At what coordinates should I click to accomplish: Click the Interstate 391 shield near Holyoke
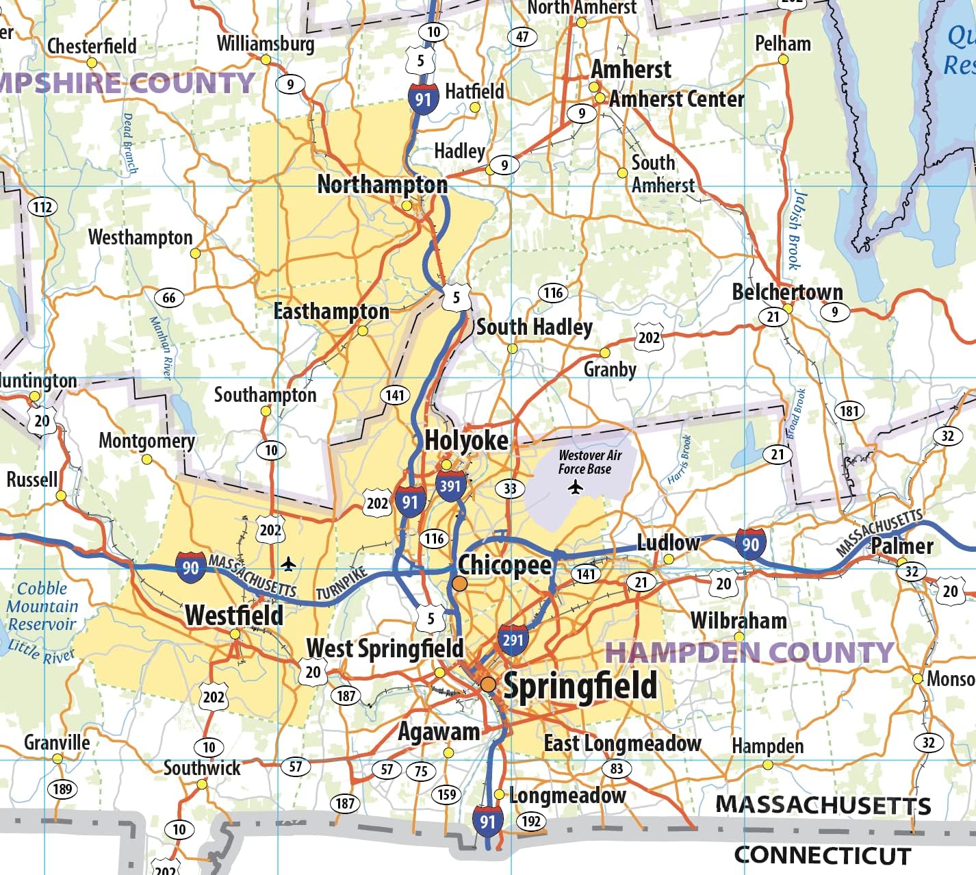(x=450, y=485)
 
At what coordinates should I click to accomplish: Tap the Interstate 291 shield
(x=513, y=640)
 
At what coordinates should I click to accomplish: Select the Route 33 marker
(x=510, y=488)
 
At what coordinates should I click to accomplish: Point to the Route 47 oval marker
(x=522, y=36)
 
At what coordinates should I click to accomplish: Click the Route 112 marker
(x=42, y=207)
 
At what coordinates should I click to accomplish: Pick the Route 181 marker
(x=849, y=411)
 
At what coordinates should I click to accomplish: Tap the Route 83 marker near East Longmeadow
(x=617, y=768)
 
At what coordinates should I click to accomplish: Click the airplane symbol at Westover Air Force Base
(x=576, y=487)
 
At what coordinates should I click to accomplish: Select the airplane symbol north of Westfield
(x=289, y=564)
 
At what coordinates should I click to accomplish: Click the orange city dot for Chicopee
(x=460, y=583)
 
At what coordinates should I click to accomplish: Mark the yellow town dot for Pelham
(x=783, y=60)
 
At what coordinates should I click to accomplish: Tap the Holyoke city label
(x=466, y=440)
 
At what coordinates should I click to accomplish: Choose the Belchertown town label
(x=787, y=292)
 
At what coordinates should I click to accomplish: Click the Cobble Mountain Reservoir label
(x=42, y=606)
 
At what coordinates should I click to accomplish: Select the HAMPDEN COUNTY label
(x=749, y=652)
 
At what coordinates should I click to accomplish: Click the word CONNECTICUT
(x=822, y=855)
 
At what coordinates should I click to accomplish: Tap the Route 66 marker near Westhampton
(x=169, y=298)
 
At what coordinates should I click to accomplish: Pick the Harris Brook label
(x=679, y=460)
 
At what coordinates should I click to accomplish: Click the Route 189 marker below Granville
(x=62, y=789)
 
